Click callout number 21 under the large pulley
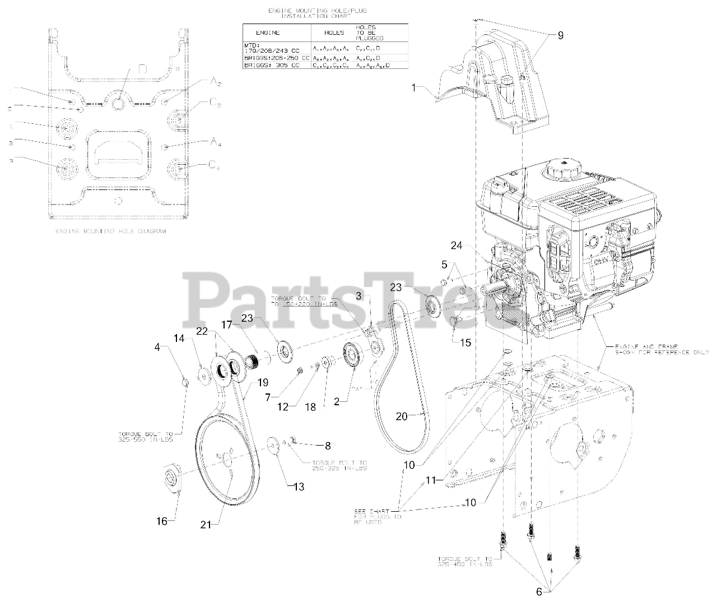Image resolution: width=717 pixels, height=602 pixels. pos(206,525)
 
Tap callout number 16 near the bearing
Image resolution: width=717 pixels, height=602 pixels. pos(161,521)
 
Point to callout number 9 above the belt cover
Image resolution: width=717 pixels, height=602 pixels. pos(560,35)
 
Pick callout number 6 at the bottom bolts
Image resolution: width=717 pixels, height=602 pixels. pos(539,591)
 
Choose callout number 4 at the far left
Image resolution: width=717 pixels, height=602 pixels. pos(157,348)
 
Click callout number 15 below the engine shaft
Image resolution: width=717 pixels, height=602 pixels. pos(465,343)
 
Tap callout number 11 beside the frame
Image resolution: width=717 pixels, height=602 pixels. pos(430,480)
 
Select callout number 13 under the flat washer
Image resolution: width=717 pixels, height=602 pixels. pos(299,487)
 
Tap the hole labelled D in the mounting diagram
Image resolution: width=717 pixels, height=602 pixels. pos(119,104)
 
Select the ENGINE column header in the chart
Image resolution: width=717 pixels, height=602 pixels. pos(267,33)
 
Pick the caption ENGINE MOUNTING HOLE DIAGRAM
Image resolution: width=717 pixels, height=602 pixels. pos(110,231)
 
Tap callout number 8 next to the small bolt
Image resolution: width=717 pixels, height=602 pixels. pos(328,446)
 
